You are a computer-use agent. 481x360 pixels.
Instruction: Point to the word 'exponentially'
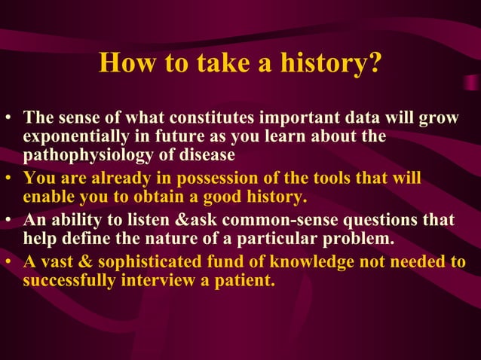point(71,137)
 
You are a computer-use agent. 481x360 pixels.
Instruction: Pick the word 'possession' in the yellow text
point(207,178)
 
